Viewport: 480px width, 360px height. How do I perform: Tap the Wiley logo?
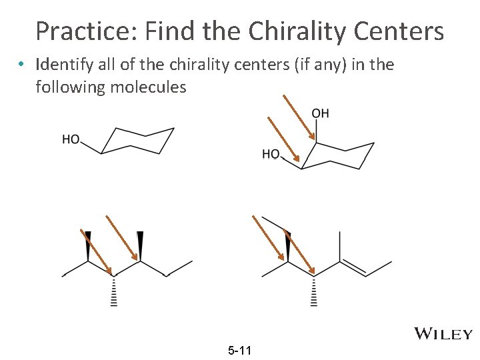(443, 333)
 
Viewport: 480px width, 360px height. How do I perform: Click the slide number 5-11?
(239, 349)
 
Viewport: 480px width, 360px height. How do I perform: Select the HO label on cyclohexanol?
(71, 139)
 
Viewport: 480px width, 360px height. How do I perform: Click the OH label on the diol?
(321, 113)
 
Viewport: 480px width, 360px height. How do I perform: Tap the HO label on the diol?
(271, 154)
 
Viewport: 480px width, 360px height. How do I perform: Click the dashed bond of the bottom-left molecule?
(113, 291)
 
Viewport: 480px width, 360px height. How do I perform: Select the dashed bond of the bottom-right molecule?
(314, 291)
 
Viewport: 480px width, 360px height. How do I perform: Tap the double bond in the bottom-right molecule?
(354, 268)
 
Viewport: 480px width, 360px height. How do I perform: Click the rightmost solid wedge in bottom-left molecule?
(140, 245)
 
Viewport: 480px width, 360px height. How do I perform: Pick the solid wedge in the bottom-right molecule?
(288, 245)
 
